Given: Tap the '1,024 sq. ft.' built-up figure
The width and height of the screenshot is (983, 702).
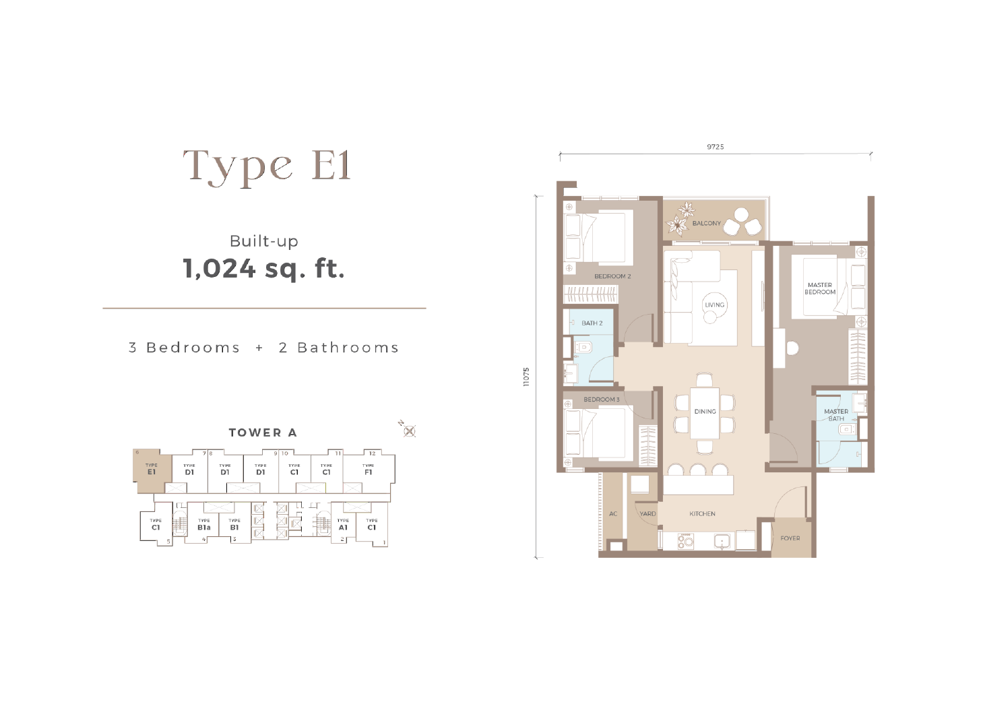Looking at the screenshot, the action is [263, 269].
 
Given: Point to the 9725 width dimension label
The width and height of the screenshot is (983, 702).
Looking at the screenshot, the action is [716, 147].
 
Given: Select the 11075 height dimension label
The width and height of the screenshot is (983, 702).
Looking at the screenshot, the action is [527, 377].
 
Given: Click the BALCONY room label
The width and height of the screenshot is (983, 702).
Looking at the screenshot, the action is [707, 223].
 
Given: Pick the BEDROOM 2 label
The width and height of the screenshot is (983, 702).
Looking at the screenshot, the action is [612, 276].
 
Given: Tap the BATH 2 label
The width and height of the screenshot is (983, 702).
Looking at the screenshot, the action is [592, 323].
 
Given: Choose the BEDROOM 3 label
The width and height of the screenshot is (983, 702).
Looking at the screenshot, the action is [602, 400].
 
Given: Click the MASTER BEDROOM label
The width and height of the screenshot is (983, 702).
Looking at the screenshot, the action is [820, 288].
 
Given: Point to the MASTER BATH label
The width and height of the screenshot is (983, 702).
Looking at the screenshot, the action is [836, 415].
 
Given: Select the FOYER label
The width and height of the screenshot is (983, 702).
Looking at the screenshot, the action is [790, 538].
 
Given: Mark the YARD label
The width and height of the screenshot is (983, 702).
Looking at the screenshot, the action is [647, 514].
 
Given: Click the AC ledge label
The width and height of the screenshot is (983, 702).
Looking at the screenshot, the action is [613, 514].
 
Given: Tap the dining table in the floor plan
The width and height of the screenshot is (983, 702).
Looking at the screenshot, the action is [705, 413].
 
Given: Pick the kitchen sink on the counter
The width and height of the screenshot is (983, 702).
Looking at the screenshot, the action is [722, 541].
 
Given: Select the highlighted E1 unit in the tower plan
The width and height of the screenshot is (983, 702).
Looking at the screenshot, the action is [152, 471].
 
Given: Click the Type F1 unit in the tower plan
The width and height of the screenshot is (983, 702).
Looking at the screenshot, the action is [368, 471].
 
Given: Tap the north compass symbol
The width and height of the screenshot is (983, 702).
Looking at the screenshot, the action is [409, 432].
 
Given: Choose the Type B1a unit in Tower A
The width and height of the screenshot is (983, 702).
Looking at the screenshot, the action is [203, 524].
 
